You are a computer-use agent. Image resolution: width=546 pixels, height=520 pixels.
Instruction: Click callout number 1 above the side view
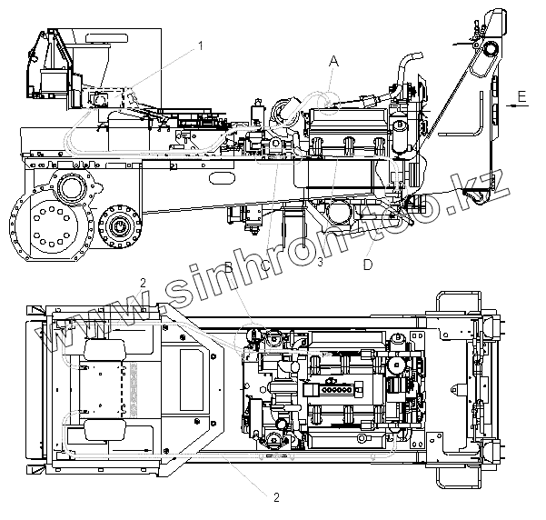click(201, 44)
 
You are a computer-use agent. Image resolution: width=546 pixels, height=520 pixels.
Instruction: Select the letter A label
click(333, 61)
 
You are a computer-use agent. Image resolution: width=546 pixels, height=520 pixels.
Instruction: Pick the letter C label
click(263, 265)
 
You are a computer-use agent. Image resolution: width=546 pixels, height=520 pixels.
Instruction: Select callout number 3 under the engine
click(321, 263)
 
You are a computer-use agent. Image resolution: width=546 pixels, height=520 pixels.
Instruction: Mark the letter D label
click(367, 265)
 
